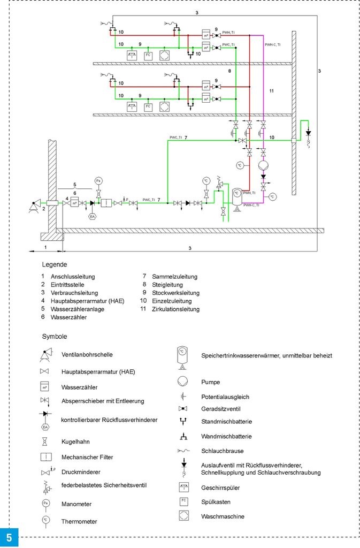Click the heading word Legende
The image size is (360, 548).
pyautogui.click(x=54, y=264)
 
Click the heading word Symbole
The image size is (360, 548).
pyautogui.click(x=54, y=337)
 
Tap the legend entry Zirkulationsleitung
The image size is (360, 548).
pyautogui.click(x=175, y=309)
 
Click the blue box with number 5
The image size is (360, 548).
pyautogui.click(x=9, y=537)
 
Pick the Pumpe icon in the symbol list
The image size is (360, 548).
pyautogui.click(x=183, y=382)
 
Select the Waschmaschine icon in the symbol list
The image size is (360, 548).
pyautogui.click(x=183, y=516)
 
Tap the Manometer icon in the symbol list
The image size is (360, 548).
pyautogui.click(x=46, y=504)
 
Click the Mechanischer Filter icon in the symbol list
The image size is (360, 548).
pyautogui.click(x=46, y=457)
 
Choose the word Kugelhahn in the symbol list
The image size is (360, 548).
pyautogui.click(x=76, y=442)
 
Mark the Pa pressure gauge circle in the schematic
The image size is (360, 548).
pyautogui.click(x=98, y=181)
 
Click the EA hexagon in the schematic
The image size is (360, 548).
pyautogui.click(x=92, y=216)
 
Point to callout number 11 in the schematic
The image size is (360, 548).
pyautogui.click(x=271, y=92)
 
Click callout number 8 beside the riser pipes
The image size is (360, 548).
pyautogui.click(x=229, y=70)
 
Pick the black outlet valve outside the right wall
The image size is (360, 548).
pyautogui.click(x=308, y=132)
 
